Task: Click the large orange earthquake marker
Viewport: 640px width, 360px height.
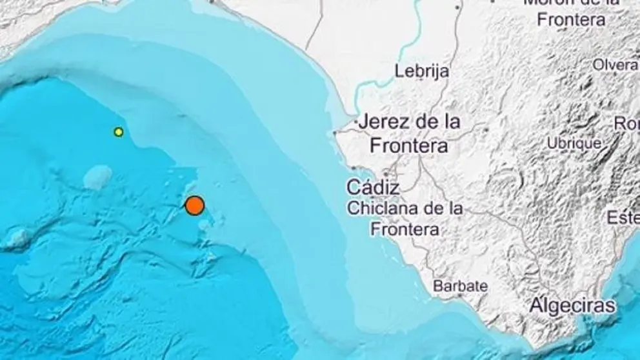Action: [x=194, y=206]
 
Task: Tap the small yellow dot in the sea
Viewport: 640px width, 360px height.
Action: [x=119, y=132]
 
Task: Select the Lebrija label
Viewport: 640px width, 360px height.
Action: [x=423, y=72]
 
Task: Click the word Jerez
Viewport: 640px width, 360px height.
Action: [x=385, y=121]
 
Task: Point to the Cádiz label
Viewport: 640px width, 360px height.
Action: [x=373, y=188]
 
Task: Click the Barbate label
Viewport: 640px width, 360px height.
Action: [x=461, y=286]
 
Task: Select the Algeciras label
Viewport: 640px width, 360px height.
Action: [x=572, y=305]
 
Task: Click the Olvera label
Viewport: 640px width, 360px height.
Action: [x=615, y=65]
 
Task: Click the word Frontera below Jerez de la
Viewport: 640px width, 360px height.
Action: [x=409, y=146]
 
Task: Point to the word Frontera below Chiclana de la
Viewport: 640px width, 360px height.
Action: [x=405, y=229]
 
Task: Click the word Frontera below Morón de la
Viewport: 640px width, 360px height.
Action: [x=571, y=19]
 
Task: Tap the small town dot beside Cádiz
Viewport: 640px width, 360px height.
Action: [x=386, y=174]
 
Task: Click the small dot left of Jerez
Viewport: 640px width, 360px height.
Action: [x=334, y=134]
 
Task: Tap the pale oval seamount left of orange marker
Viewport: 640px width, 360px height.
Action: [x=98, y=176]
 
